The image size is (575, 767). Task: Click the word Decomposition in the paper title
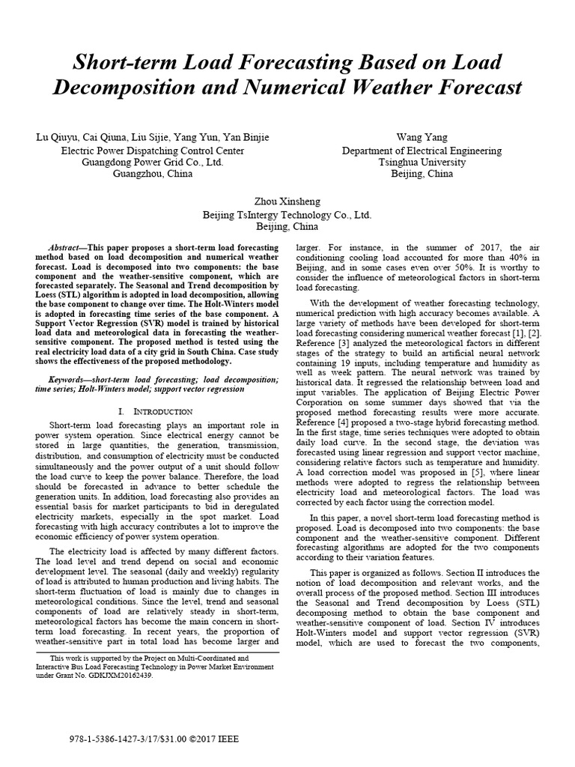click(x=129, y=87)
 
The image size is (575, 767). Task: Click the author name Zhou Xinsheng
click(x=287, y=201)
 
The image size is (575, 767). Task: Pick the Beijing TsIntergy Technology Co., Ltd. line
click(x=287, y=214)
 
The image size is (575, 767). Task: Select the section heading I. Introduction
click(x=156, y=411)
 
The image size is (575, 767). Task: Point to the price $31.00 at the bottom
click(x=169, y=738)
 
